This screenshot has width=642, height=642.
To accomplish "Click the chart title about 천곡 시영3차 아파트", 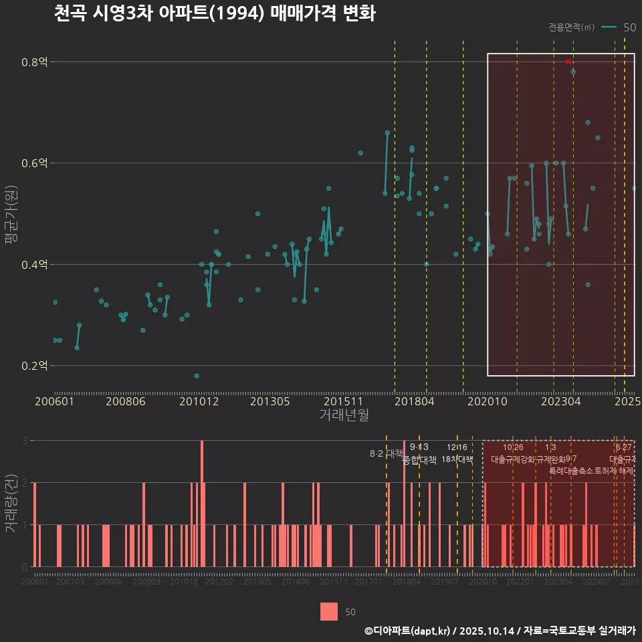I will coord(214,14).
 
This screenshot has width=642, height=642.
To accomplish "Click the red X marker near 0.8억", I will coord(568,62).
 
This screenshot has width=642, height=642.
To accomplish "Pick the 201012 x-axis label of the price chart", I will coord(199,402).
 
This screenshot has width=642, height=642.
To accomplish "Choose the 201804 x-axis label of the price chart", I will coord(414,402).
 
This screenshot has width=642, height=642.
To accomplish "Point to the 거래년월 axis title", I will coord(344,415).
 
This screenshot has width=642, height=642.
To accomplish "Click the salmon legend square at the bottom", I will coord(329,611).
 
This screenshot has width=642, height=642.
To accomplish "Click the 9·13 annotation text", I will coord(419,447).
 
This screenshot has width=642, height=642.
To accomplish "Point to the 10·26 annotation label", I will coord(513,447).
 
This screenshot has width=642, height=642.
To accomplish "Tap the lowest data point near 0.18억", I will coord(197,376).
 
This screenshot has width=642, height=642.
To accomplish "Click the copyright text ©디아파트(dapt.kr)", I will coord(408,631).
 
